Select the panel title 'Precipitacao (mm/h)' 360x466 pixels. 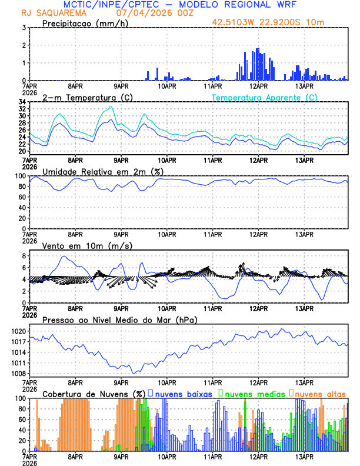tap(84, 24)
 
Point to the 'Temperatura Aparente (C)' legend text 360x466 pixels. tap(265, 97)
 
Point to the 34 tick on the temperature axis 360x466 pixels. tap(21, 102)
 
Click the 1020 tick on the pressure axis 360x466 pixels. tap(16, 331)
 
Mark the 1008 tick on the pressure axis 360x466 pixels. tap(16, 374)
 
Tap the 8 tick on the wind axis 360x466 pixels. tap(23, 256)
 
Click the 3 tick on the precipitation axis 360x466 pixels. tap(23, 28)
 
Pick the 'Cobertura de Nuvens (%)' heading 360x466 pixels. tap(94, 393)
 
